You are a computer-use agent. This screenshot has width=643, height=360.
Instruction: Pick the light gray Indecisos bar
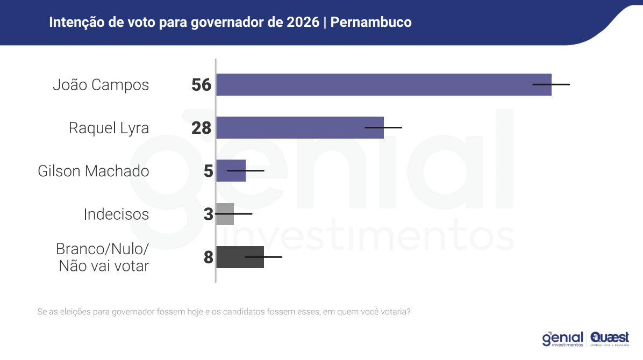point(225,214)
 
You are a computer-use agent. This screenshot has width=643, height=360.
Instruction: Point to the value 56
point(202,85)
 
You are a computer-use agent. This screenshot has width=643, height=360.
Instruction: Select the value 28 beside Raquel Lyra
point(202,128)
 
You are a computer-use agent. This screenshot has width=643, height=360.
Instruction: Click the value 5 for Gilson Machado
point(209,171)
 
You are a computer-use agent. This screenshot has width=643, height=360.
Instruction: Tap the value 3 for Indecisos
point(209,214)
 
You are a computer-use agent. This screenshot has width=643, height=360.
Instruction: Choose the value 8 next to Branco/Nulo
point(209,257)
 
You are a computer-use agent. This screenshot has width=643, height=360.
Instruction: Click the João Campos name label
point(101,85)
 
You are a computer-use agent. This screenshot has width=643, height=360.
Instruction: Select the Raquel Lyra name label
point(109,128)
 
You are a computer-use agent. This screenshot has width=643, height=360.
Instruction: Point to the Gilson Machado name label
point(94,171)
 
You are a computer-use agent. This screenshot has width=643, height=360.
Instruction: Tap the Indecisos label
point(116,214)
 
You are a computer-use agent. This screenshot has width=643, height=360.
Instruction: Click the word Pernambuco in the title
point(371,23)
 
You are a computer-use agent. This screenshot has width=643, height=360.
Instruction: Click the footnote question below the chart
point(224,312)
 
